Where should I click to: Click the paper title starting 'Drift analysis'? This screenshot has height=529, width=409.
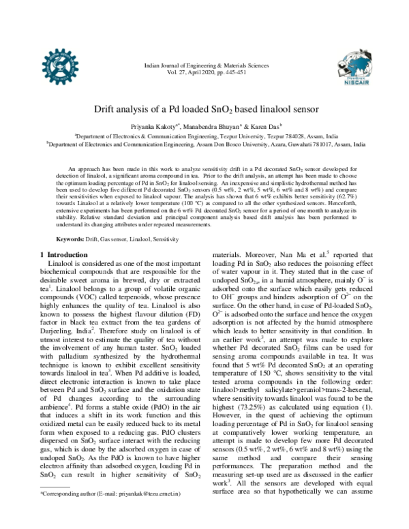pyautogui.click(x=204, y=108)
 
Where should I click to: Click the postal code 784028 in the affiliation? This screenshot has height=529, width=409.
pyautogui.click(x=285, y=136)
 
